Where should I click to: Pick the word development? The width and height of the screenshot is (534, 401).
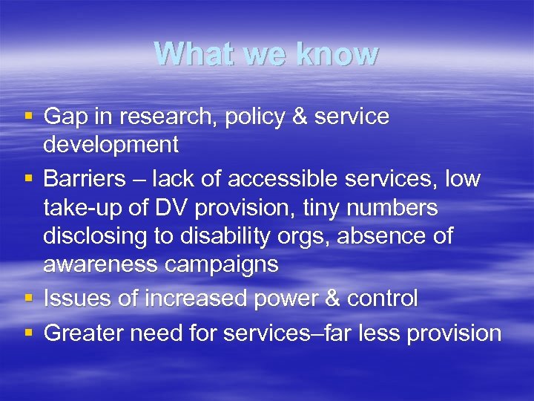pos(111,144)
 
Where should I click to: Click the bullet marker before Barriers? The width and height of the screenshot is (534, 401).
pos(27,179)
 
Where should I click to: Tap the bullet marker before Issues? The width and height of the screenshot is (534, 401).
pos(27,299)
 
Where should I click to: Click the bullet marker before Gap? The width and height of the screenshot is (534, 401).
pos(27,117)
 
